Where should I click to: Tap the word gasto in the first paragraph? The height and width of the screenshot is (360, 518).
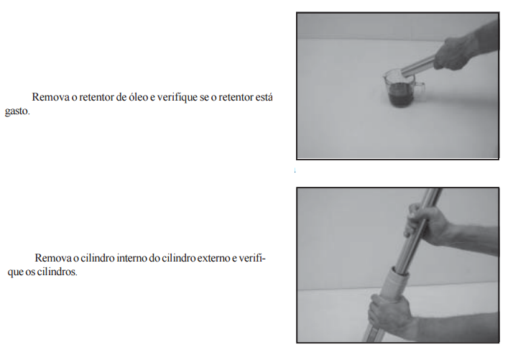pos(17,111)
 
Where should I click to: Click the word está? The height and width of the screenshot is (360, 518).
pos(264,98)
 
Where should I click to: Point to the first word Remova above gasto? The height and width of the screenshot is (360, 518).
pos(50,98)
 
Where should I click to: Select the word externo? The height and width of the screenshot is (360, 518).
pos(213,258)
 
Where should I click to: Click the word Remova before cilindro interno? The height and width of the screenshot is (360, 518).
pos(53,258)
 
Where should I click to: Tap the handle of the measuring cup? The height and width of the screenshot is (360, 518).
pos(419,86)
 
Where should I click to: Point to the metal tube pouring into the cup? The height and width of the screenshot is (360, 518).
pos(419,65)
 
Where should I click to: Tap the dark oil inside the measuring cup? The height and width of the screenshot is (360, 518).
pos(400,95)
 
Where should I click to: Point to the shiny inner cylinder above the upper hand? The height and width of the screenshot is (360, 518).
pos(431,196)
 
